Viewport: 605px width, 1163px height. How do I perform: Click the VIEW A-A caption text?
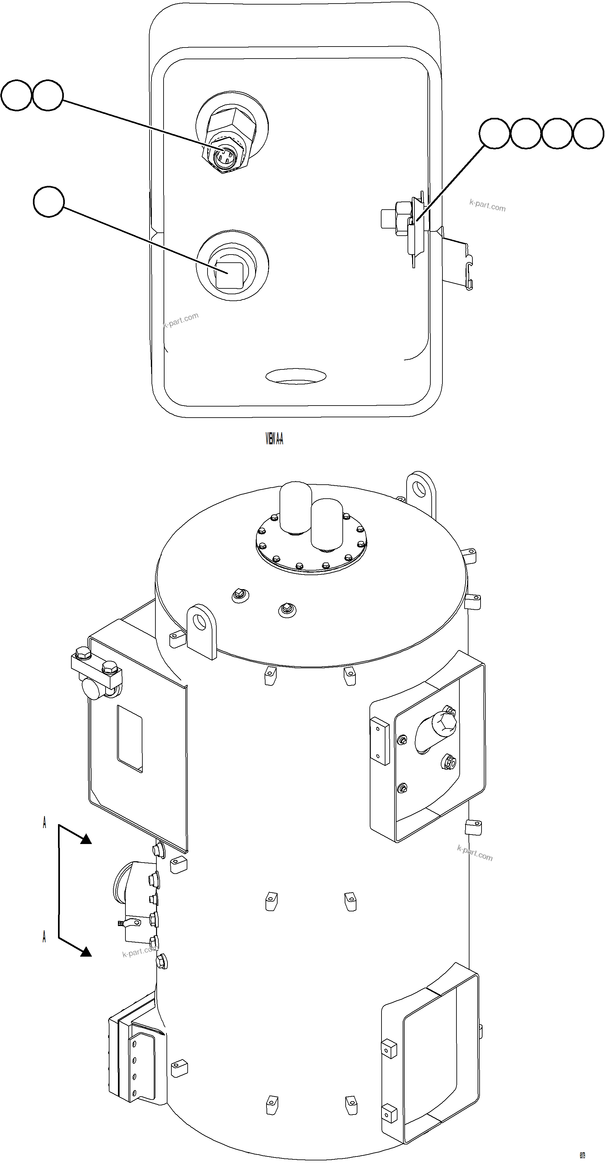coord(274,438)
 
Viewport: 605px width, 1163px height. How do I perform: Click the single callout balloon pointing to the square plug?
coord(49,201)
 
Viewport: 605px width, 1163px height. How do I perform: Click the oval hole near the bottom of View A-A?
coord(296,376)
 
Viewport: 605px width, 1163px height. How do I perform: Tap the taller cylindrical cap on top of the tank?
coord(295,506)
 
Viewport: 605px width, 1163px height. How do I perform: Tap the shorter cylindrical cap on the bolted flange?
coord(327,524)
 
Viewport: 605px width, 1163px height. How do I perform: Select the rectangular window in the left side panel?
coord(130,739)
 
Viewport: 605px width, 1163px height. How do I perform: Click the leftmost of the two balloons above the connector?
coord(16,95)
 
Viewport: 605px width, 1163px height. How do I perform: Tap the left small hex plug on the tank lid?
coord(240,595)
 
